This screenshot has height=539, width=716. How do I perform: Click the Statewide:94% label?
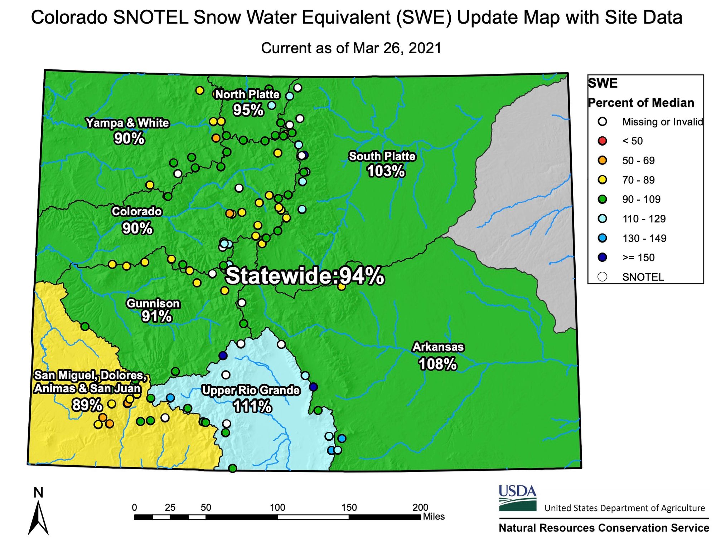point(305,276)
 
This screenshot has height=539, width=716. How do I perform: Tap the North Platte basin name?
point(247,94)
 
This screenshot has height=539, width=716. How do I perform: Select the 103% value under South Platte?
point(386,171)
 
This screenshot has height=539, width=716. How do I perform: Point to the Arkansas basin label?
point(438,347)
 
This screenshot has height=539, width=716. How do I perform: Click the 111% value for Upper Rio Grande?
point(252,406)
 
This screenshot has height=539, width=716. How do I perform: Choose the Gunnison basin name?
point(153,303)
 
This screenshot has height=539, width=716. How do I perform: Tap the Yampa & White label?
point(127,123)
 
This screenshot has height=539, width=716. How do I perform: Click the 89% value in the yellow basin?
point(87,405)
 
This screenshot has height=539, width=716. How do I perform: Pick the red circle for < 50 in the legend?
point(603,141)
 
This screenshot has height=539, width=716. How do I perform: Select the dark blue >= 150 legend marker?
point(603,258)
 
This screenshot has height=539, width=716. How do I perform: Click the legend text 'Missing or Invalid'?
point(663,122)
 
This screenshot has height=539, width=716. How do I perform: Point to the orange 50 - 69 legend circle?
point(603,160)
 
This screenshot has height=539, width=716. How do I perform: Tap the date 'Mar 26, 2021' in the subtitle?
point(397,48)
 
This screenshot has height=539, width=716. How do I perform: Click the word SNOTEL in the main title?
point(151,17)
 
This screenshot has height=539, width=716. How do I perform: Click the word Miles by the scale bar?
point(434,516)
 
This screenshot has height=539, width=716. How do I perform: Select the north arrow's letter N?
point(38,493)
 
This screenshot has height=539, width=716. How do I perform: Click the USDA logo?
point(518,498)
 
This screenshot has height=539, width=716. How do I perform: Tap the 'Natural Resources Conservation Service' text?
point(604,528)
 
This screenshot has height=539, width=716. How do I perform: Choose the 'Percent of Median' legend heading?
point(641,103)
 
